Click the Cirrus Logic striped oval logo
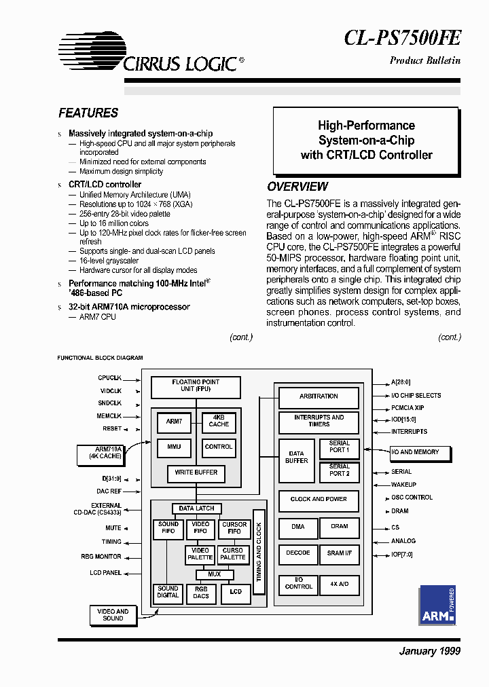tap(92, 51)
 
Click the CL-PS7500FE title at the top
tap(402, 37)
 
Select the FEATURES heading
tap(88, 113)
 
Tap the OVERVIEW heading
tap(297, 187)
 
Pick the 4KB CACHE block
tap(219, 421)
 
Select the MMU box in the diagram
tap(174, 447)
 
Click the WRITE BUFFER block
tap(196, 472)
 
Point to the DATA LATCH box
tap(196, 508)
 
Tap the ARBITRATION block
tap(319, 396)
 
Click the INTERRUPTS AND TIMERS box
tap(319, 421)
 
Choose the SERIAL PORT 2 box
tap(339, 470)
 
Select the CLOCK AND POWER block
tap(319, 500)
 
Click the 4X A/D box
tap(339, 584)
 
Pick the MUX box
tap(214, 574)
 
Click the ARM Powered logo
tap(437, 605)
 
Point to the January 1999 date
tap(429, 651)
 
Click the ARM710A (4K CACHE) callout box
tap(98, 453)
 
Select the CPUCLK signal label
tap(109, 377)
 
